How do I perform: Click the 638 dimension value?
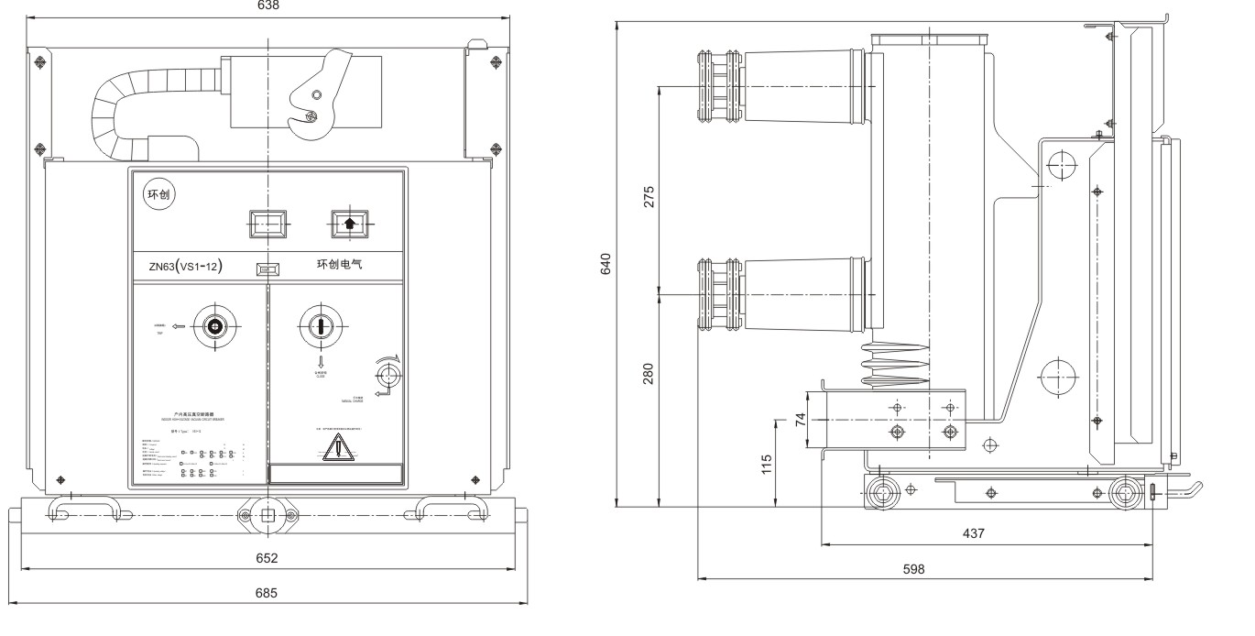pyautogui.click(x=267, y=5)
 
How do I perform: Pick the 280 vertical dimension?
pyautogui.click(x=649, y=374)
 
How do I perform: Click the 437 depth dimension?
pyautogui.click(x=974, y=532)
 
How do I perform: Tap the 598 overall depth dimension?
pyautogui.click(x=914, y=568)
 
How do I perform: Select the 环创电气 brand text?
pyautogui.click(x=341, y=265)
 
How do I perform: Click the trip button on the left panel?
pyautogui.click(x=214, y=326)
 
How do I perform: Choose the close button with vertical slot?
pyautogui.click(x=321, y=326)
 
